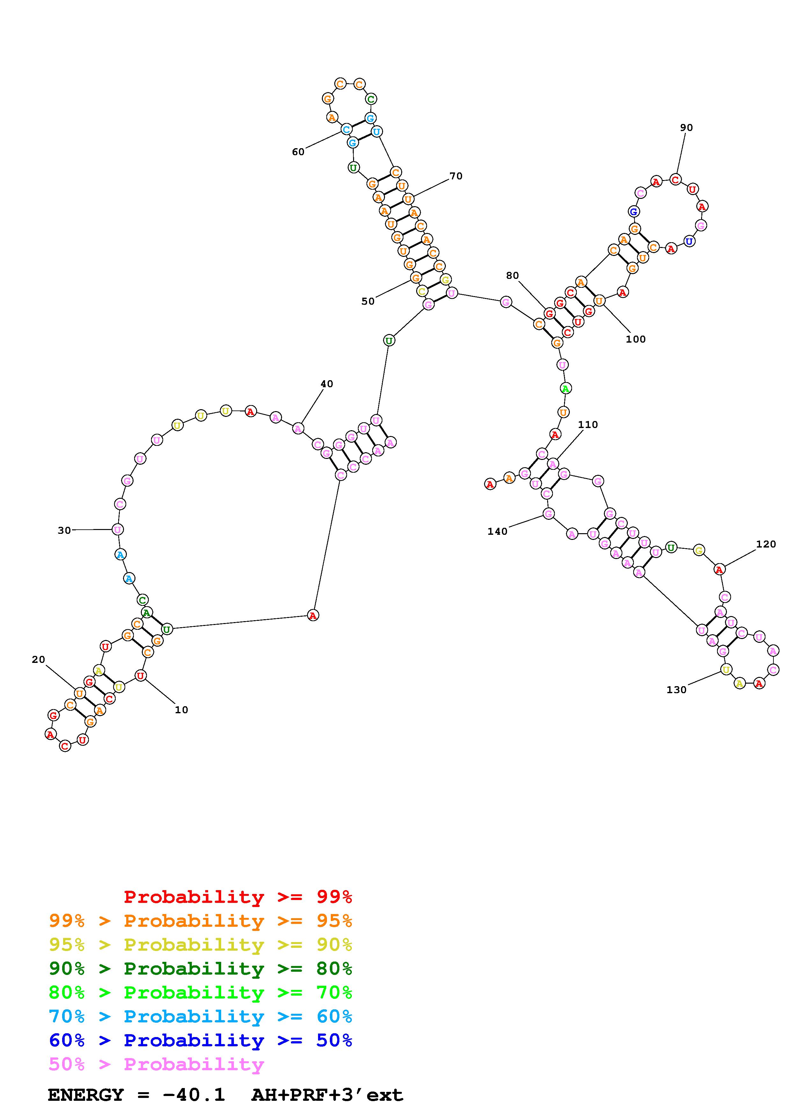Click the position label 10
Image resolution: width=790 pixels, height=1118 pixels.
pyautogui.click(x=181, y=710)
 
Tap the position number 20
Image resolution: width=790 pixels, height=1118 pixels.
pyautogui.click(x=39, y=659)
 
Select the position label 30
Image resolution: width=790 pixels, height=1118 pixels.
pyautogui.click(x=64, y=530)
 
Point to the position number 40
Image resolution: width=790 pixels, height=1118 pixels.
pyautogui.click(x=327, y=384)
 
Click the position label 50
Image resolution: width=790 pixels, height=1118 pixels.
pyautogui.click(x=368, y=301)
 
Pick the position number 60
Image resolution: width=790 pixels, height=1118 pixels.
pyautogui.click(x=298, y=152)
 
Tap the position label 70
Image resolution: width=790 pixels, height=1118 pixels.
pyautogui.click(x=456, y=176)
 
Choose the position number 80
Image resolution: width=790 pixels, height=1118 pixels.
pyautogui.click(x=512, y=276)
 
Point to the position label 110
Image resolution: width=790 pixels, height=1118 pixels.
pyautogui.click(x=588, y=425)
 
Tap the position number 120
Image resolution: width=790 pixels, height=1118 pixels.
pyautogui.click(x=766, y=544)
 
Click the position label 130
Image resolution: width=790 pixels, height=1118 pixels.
pyautogui.click(x=676, y=689)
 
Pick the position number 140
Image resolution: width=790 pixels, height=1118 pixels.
pyautogui.click(x=497, y=531)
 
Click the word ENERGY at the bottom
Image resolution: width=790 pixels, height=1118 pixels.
pyautogui.click(x=86, y=1095)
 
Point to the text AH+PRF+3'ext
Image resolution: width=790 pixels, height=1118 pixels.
pyautogui.click(x=327, y=1095)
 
